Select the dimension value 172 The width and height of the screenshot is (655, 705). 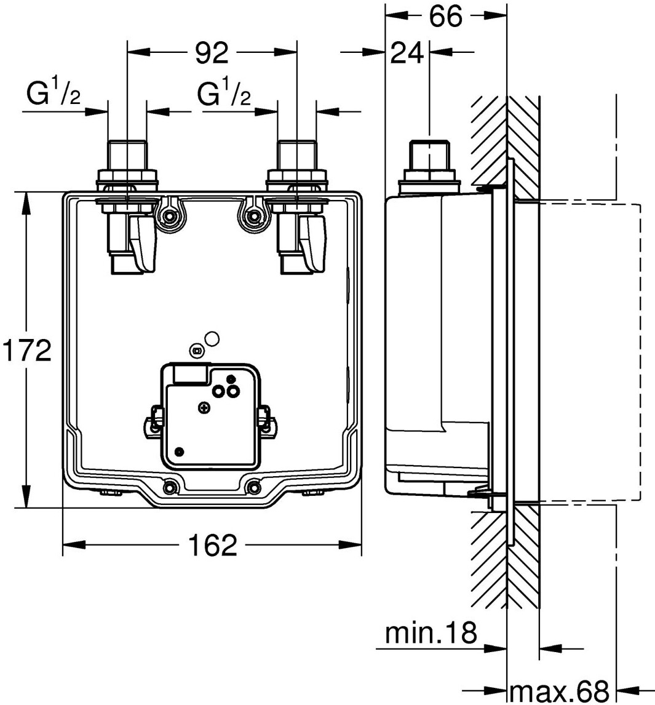click(x=25, y=351)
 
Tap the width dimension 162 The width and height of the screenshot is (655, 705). click(x=212, y=545)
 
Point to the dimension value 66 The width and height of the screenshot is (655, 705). click(x=445, y=17)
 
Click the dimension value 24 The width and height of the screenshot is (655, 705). click(x=407, y=54)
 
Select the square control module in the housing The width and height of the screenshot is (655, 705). click(x=209, y=416)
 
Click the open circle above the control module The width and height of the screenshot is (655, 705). click(x=212, y=338)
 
